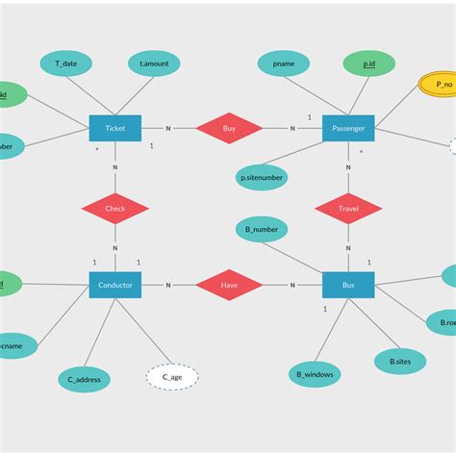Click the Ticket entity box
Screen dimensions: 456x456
[x=115, y=128]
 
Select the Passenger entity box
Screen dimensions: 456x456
[x=348, y=128]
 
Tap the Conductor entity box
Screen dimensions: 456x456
[x=115, y=285]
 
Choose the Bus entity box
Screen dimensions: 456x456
[x=348, y=285]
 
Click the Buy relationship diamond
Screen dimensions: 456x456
[x=229, y=128]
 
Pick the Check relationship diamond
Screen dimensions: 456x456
[x=115, y=208]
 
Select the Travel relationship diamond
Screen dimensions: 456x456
[x=348, y=208]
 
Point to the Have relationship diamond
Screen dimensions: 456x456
[x=229, y=285]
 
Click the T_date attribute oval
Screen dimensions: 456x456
[x=66, y=63]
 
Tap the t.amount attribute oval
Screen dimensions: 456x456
[x=154, y=63]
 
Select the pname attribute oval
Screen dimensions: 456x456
[x=284, y=63]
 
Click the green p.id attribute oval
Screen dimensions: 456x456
[x=369, y=63]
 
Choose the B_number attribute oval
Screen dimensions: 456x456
[x=262, y=230]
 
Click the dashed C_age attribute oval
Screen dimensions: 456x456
[x=172, y=376]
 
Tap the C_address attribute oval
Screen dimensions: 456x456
[x=85, y=379]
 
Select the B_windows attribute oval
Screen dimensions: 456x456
[x=314, y=373]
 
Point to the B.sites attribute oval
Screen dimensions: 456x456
[x=400, y=361]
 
